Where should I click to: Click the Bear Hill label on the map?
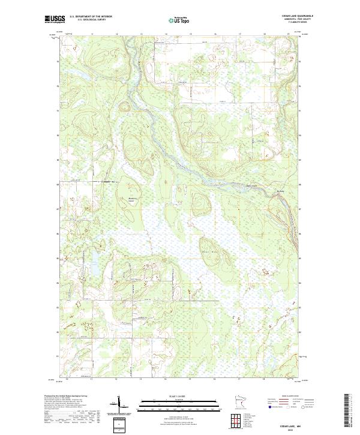(209, 251)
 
